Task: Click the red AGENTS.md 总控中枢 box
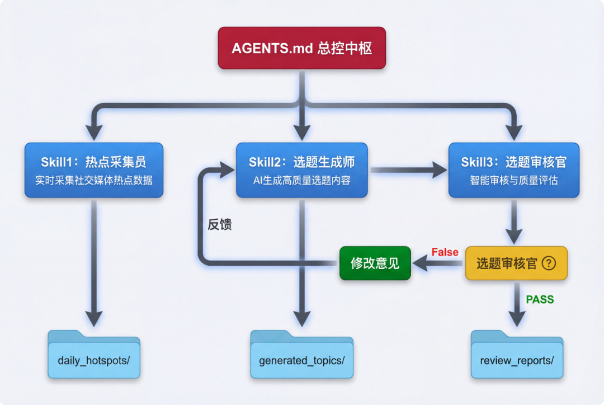pyautogui.click(x=301, y=48)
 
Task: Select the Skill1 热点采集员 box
pyautogui.click(x=93, y=169)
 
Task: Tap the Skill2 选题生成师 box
pyautogui.click(x=301, y=169)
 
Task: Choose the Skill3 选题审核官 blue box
pyautogui.click(x=513, y=169)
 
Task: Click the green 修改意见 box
pyautogui.click(x=375, y=263)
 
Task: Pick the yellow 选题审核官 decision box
pyautogui.click(x=516, y=263)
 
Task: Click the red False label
pyautogui.click(x=445, y=252)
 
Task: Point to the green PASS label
pyautogui.click(x=540, y=300)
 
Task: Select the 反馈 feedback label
pyautogui.click(x=219, y=225)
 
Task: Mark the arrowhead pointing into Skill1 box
pyautogui.click(x=94, y=132)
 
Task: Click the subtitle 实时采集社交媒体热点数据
pyautogui.click(x=93, y=181)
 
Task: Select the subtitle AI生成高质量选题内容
pyautogui.click(x=301, y=181)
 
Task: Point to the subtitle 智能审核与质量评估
pyautogui.click(x=513, y=181)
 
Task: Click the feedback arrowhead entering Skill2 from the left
pyautogui.click(x=226, y=169)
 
